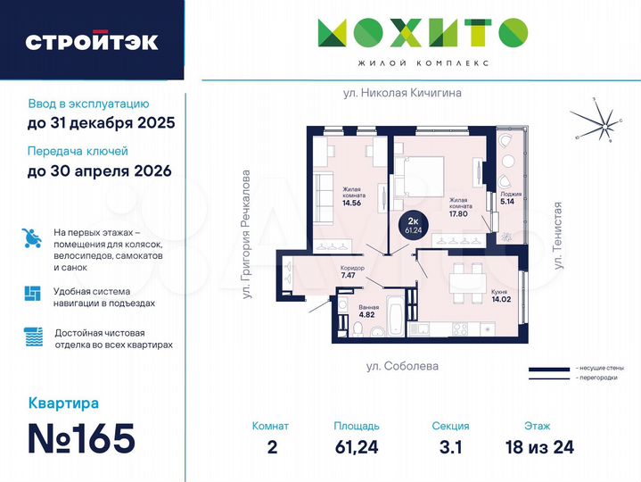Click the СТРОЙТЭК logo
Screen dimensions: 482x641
(92, 42)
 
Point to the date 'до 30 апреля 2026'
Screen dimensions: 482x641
(99, 170)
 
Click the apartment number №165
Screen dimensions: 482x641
(81, 438)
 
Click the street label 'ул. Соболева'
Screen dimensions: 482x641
(403, 366)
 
